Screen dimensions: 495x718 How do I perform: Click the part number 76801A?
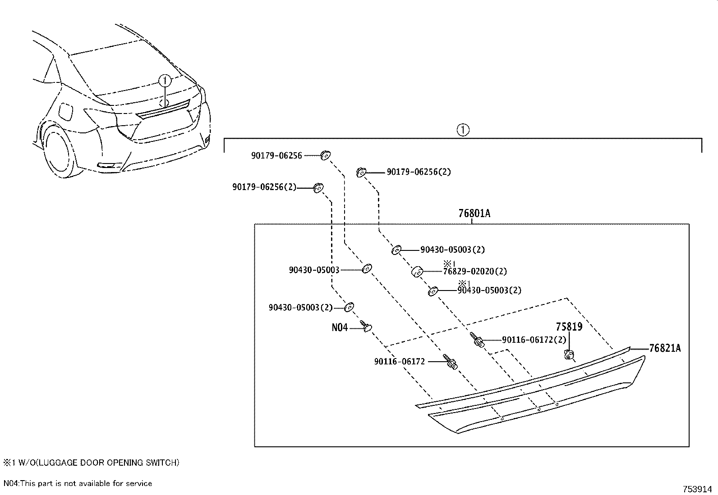pyautogui.click(x=474, y=213)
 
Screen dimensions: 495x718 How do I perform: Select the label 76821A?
pyautogui.click(x=665, y=348)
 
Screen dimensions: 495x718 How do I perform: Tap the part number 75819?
pyautogui.click(x=569, y=327)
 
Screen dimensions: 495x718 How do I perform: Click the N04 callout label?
pyautogui.click(x=340, y=327)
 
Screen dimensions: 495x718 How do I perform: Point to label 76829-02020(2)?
pyautogui.click(x=475, y=271)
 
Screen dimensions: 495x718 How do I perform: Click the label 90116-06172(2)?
pyautogui.click(x=534, y=340)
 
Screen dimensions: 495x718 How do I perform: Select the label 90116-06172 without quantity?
pyautogui.click(x=399, y=361)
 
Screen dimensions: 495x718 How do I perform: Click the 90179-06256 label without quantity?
pyautogui.click(x=276, y=155)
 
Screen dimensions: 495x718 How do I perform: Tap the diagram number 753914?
pyautogui.click(x=697, y=489)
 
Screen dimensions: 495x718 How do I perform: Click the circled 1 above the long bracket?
pyautogui.click(x=463, y=130)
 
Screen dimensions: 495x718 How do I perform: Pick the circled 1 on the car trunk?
pyautogui.click(x=166, y=81)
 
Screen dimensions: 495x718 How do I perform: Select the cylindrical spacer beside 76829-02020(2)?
pyautogui.click(x=417, y=272)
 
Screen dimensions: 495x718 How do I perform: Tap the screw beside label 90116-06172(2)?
pyautogui.click(x=478, y=340)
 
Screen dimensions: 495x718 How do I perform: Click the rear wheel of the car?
pyautogui.click(x=59, y=152)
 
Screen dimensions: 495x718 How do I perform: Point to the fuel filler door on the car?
pyautogui.click(x=66, y=112)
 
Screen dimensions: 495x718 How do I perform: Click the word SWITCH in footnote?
pyautogui.click(x=164, y=463)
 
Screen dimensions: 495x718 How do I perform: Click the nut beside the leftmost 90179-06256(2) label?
pyautogui.click(x=318, y=187)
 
